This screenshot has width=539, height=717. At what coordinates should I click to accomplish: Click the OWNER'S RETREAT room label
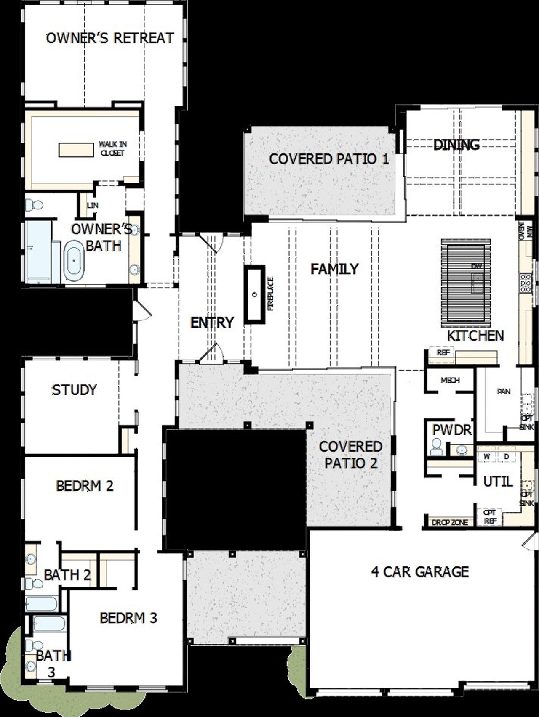(x=110, y=38)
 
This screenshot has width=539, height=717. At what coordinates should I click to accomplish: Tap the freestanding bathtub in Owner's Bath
(x=74, y=261)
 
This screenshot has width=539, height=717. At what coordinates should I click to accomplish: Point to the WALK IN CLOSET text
(x=112, y=148)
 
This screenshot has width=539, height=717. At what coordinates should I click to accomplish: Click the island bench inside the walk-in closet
(x=76, y=149)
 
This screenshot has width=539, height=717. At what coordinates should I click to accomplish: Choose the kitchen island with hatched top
(x=466, y=281)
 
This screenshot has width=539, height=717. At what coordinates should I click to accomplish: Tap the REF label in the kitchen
(x=443, y=352)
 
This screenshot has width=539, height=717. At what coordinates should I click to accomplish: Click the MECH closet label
(x=450, y=380)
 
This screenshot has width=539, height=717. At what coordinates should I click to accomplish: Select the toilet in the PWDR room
(x=436, y=447)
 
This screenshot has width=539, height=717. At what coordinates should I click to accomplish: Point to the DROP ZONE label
(x=450, y=522)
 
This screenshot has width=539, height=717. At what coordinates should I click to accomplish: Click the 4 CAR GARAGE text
(x=420, y=571)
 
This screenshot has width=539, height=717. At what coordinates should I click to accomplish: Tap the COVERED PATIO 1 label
(x=329, y=159)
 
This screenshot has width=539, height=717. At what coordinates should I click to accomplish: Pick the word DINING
(x=456, y=145)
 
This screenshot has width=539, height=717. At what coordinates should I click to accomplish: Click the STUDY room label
(x=74, y=390)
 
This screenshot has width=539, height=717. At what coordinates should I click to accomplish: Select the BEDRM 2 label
(x=85, y=486)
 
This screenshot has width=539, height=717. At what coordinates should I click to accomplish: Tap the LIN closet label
(x=92, y=205)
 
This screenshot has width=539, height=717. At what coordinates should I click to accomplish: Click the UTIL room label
(x=498, y=481)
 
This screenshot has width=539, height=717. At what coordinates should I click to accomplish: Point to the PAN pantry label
(x=504, y=392)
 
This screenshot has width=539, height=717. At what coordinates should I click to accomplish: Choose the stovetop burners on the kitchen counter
(x=526, y=283)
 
